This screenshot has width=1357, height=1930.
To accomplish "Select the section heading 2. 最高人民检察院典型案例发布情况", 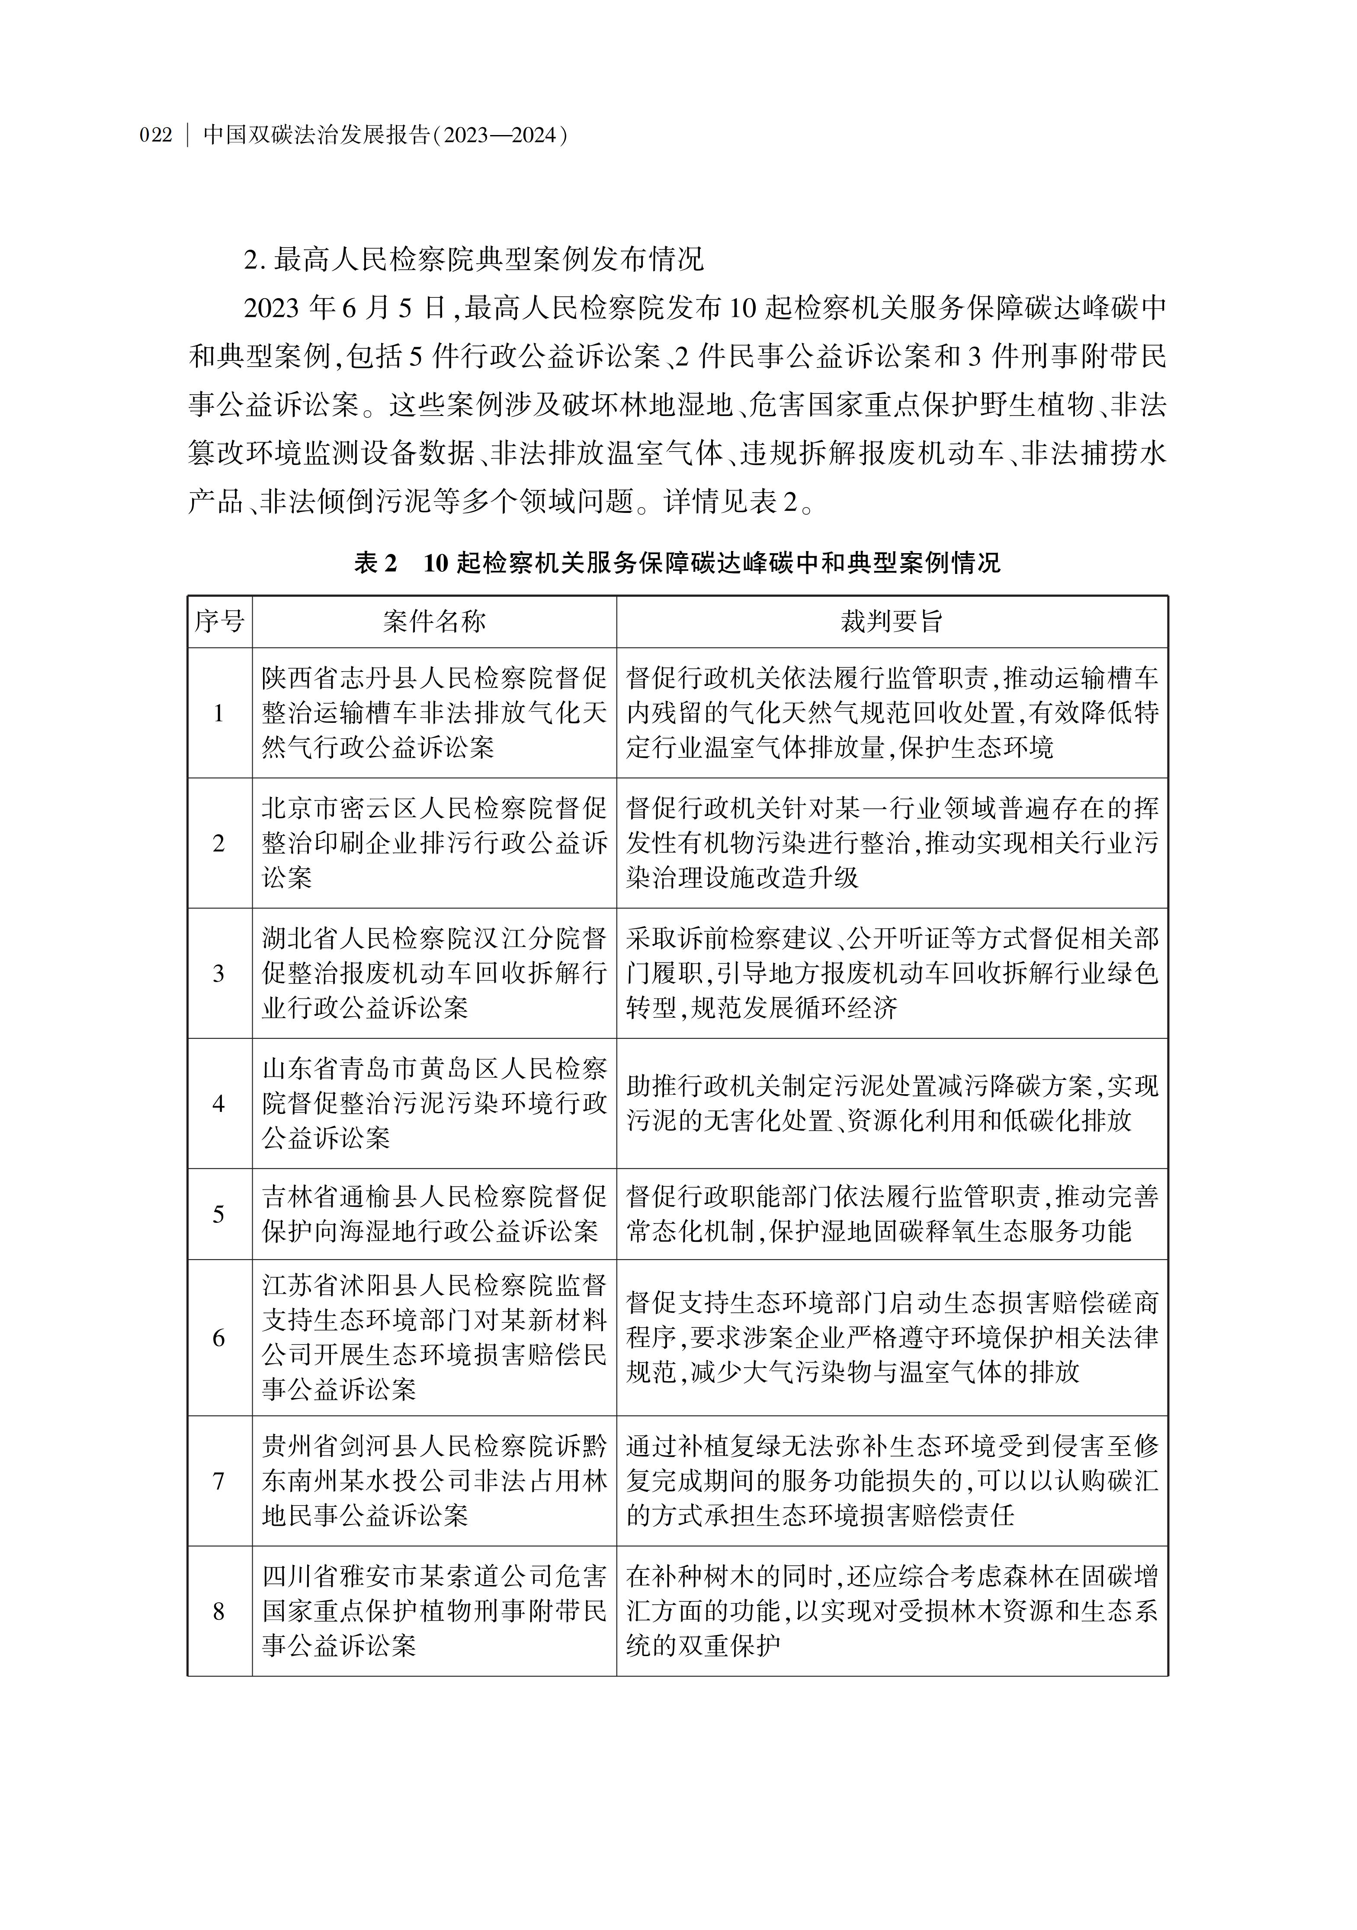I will [473, 260].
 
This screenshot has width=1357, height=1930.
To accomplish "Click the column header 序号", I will [219, 622].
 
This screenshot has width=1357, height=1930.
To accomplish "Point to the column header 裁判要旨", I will [892, 622].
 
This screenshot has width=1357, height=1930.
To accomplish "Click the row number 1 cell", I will [219, 713].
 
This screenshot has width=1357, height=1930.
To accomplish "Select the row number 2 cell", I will [219, 843].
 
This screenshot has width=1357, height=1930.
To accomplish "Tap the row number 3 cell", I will [219, 973].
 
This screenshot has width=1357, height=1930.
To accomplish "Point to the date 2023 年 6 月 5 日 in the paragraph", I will [344, 309].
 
